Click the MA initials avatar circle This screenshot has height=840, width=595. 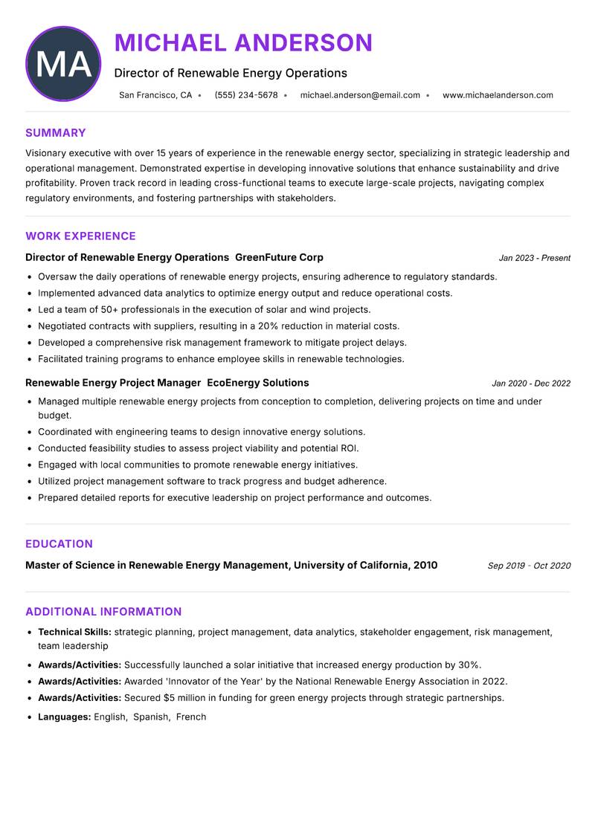[x=63, y=64]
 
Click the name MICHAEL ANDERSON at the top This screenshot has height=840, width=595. [x=243, y=43]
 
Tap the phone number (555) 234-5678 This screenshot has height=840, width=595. [x=246, y=95]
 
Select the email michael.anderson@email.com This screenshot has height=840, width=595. [x=360, y=95]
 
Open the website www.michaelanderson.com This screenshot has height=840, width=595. [x=498, y=95]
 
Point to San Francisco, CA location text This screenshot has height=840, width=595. [x=155, y=95]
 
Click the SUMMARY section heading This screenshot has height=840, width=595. [x=56, y=133]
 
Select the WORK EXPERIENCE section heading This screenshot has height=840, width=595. [x=80, y=236]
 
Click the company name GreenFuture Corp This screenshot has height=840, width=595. [x=279, y=257]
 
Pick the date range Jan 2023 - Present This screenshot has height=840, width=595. [x=534, y=258]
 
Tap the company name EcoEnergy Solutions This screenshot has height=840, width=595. [x=257, y=383]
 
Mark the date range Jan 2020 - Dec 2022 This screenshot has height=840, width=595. [x=531, y=384]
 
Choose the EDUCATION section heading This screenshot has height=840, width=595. [x=59, y=544]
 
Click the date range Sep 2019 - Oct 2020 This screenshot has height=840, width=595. [x=529, y=566]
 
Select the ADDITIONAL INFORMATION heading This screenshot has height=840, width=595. [x=103, y=612]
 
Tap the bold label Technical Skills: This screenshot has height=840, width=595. [x=74, y=632]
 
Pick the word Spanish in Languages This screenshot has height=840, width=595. [x=150, y=717]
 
